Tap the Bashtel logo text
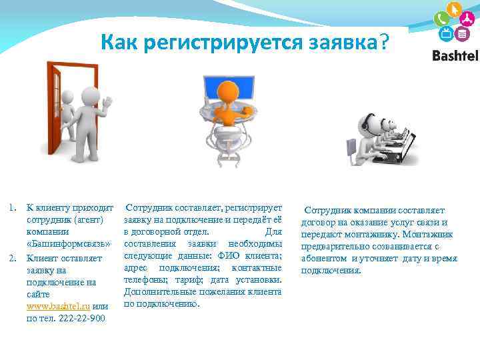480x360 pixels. (455, 56)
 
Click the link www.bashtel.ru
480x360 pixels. (58, 305)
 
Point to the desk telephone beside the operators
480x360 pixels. (353, 143)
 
